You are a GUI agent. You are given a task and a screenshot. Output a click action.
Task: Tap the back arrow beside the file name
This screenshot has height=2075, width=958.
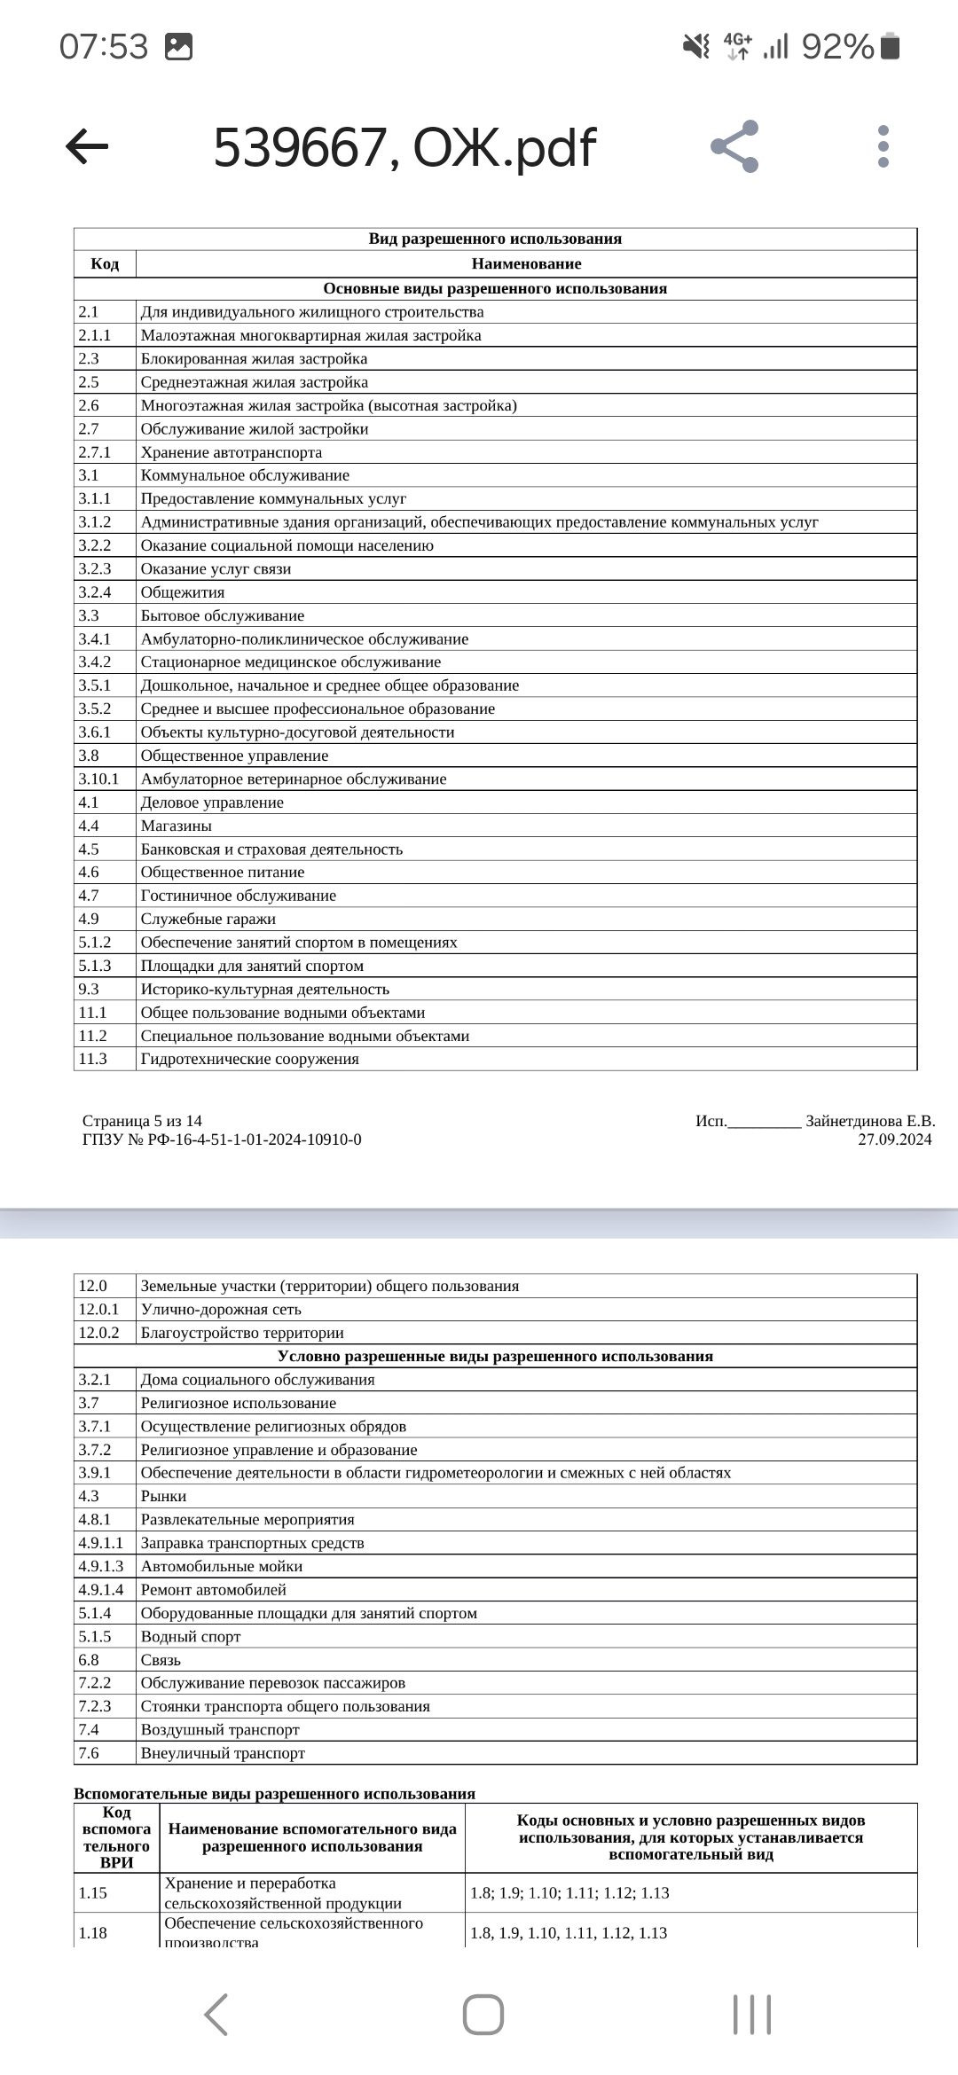click(87, 146)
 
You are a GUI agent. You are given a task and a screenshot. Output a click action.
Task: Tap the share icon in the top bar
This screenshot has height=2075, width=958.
click(734, 146)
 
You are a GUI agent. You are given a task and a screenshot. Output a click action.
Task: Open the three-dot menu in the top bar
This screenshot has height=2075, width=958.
click(883, 146)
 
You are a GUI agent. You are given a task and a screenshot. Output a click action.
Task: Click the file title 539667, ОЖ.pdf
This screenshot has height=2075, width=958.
click(404, 147)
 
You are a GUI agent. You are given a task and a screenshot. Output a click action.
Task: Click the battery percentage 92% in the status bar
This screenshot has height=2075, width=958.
click(837, 46)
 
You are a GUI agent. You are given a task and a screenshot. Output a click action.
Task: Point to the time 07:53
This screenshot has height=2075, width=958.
click(104, 46)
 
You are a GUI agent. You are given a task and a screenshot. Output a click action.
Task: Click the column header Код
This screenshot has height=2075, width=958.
click(105, 263)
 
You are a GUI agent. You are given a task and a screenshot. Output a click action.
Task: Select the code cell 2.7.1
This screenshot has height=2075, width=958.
click(95, 452)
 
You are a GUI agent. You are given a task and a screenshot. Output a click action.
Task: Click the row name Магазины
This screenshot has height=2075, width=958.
click(177, 826)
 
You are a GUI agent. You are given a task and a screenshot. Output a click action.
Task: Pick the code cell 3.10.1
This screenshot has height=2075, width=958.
click(98, 779)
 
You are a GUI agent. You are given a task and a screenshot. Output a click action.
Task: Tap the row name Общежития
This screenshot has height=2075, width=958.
click(183, 592)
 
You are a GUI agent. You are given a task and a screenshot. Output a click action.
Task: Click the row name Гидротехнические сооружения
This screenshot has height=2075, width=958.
click(250, 1059)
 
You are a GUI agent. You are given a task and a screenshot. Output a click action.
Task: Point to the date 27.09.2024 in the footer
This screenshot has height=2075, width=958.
click(894, 1139)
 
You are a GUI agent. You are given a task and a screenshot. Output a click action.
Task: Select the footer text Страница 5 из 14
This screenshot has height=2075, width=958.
click(142, 1121)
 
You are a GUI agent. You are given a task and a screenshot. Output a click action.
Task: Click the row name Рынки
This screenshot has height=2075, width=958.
click(164, 1496)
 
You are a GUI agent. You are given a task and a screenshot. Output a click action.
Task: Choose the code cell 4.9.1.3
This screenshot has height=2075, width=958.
click(101, 1566)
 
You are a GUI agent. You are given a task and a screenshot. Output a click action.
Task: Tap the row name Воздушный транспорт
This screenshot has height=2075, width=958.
click(220, 1729)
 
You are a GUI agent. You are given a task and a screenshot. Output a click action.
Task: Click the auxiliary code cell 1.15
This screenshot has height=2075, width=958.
click(92, 1893)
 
